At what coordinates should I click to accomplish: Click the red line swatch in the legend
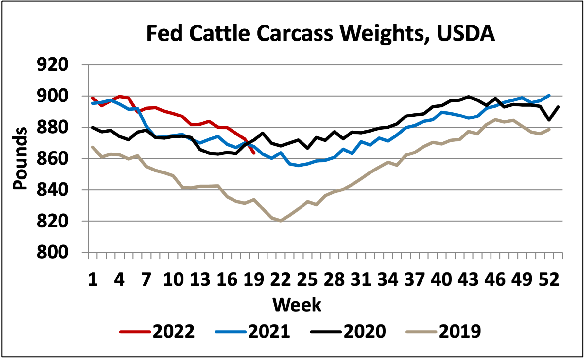[135, 332]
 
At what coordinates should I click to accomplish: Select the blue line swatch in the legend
[231, 332]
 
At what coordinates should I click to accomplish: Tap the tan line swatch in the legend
[421, 332]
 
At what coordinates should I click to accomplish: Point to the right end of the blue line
[549, 95]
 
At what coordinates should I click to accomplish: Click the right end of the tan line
[549, 130]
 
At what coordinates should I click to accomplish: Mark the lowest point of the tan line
[281, 221]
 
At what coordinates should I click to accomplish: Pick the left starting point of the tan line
[93, 147]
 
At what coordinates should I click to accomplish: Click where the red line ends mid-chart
[254, 153]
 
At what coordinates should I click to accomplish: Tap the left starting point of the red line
[93, 98]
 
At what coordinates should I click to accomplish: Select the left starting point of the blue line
[93, 103]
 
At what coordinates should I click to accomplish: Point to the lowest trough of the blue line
[298, 166]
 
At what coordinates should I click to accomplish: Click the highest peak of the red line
[120, 96]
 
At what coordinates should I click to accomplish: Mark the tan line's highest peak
[496, 119]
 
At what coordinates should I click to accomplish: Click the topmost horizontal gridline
[325, 65]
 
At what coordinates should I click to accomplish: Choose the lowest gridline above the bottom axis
[325, 221]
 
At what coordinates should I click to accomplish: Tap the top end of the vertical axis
[88, 65]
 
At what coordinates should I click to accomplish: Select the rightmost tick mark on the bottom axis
[562, 256]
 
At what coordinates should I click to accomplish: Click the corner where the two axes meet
[88, 252]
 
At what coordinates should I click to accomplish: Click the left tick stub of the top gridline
[85, 65]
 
